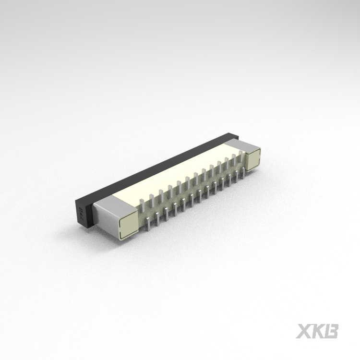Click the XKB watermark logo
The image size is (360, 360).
tap(317, 331)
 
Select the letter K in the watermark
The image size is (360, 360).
tap(318, 331)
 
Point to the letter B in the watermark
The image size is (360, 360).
tap(332, 331)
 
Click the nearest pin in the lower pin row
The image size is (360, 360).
tap(148, 223)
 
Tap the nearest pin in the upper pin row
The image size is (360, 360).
tap(142, 204)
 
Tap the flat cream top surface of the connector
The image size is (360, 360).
tap(173, 178)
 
